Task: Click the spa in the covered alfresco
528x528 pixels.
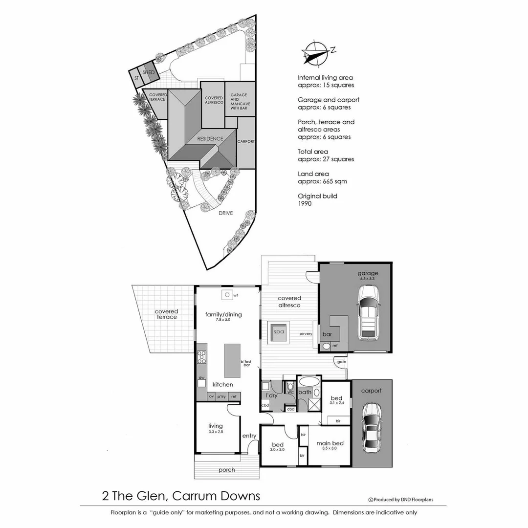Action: click(279, 331)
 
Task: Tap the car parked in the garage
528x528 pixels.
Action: click(369, 313)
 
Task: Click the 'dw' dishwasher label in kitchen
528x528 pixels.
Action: click(201, 377)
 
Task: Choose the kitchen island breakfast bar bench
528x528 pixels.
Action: click(232, 360)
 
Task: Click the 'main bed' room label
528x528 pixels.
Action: click(330, 443)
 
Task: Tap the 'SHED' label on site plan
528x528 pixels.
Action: click(149, 72)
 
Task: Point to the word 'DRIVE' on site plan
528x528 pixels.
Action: click(225, 213)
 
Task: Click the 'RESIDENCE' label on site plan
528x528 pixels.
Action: click(210, 138)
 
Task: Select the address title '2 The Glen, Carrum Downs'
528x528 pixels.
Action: click(181, 496)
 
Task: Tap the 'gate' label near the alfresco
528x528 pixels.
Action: click(341, 362)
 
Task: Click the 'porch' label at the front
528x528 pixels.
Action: click(226, 470)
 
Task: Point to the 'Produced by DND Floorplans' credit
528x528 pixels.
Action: click(400, 500)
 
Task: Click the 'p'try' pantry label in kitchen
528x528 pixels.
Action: click(221, 396)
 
